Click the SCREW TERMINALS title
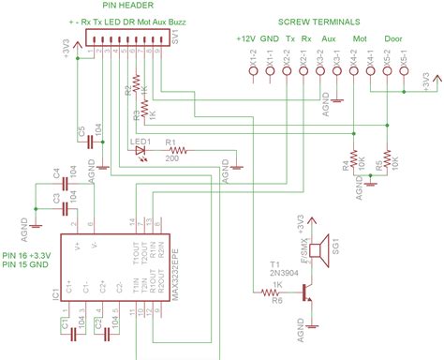tap(323, 21)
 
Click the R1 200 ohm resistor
tap(176, 148)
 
